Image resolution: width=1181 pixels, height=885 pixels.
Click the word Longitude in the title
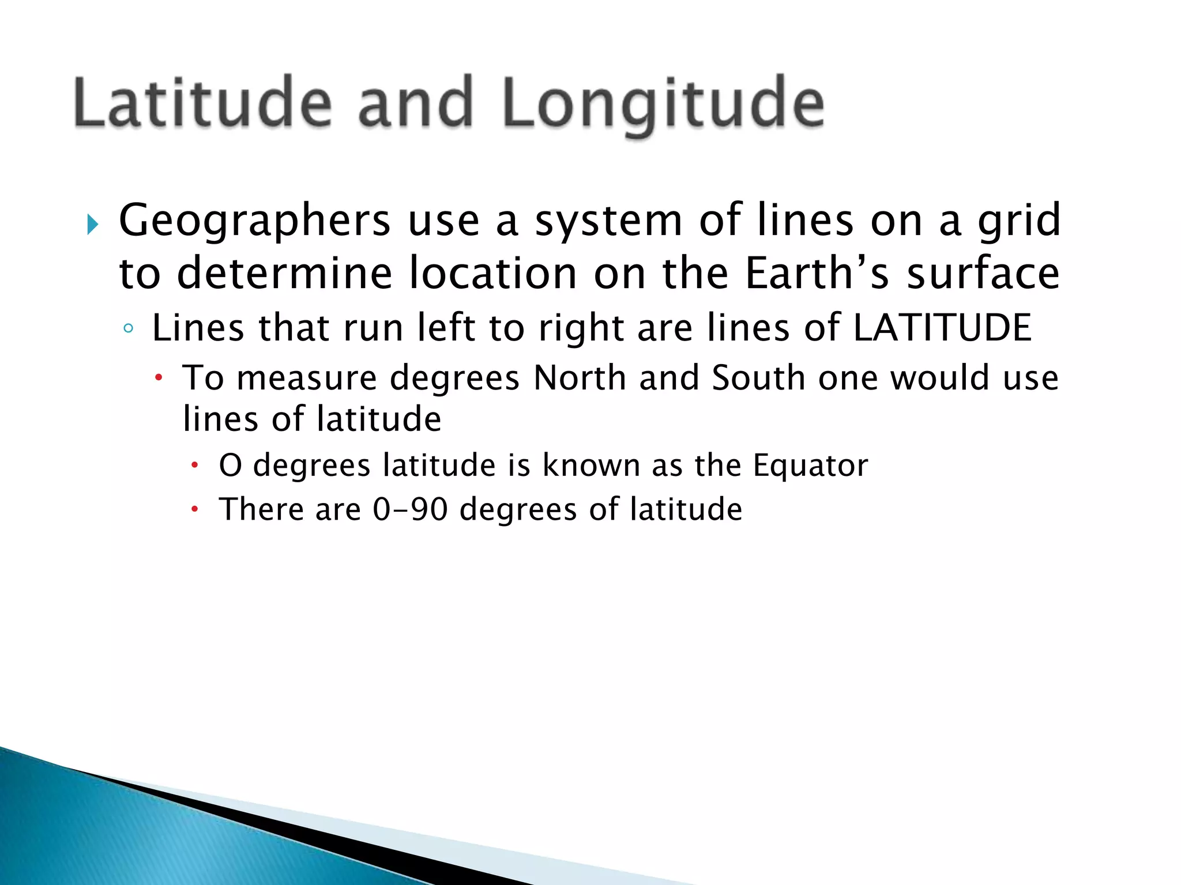[663, 104]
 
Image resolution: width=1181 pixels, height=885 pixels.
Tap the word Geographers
[254, 222]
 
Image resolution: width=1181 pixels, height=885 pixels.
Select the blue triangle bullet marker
[92, 224]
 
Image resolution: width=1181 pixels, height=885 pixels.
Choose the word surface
[983, 273]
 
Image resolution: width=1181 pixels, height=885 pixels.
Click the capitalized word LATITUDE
[942, 327]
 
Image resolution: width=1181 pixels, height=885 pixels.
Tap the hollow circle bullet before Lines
[128, 329]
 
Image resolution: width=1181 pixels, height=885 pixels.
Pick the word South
[758, 378]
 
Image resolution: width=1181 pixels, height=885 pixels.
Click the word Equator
[810, 465]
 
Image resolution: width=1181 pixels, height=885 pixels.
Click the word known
[591, 465]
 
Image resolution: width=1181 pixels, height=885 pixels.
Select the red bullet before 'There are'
[195, 509]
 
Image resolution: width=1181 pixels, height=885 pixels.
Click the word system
[608, 222]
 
